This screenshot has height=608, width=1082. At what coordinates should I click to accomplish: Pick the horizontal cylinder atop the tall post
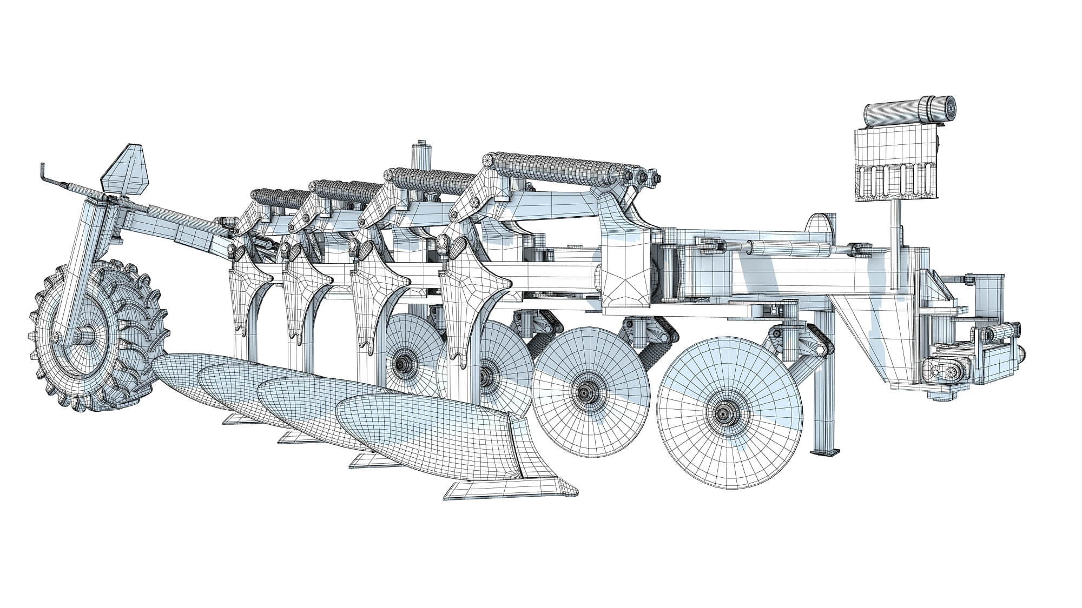click(909, 111)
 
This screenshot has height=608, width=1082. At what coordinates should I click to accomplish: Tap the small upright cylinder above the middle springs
click(421, 156)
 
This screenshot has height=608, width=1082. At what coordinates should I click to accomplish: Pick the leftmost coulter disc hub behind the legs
click(403, 360)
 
